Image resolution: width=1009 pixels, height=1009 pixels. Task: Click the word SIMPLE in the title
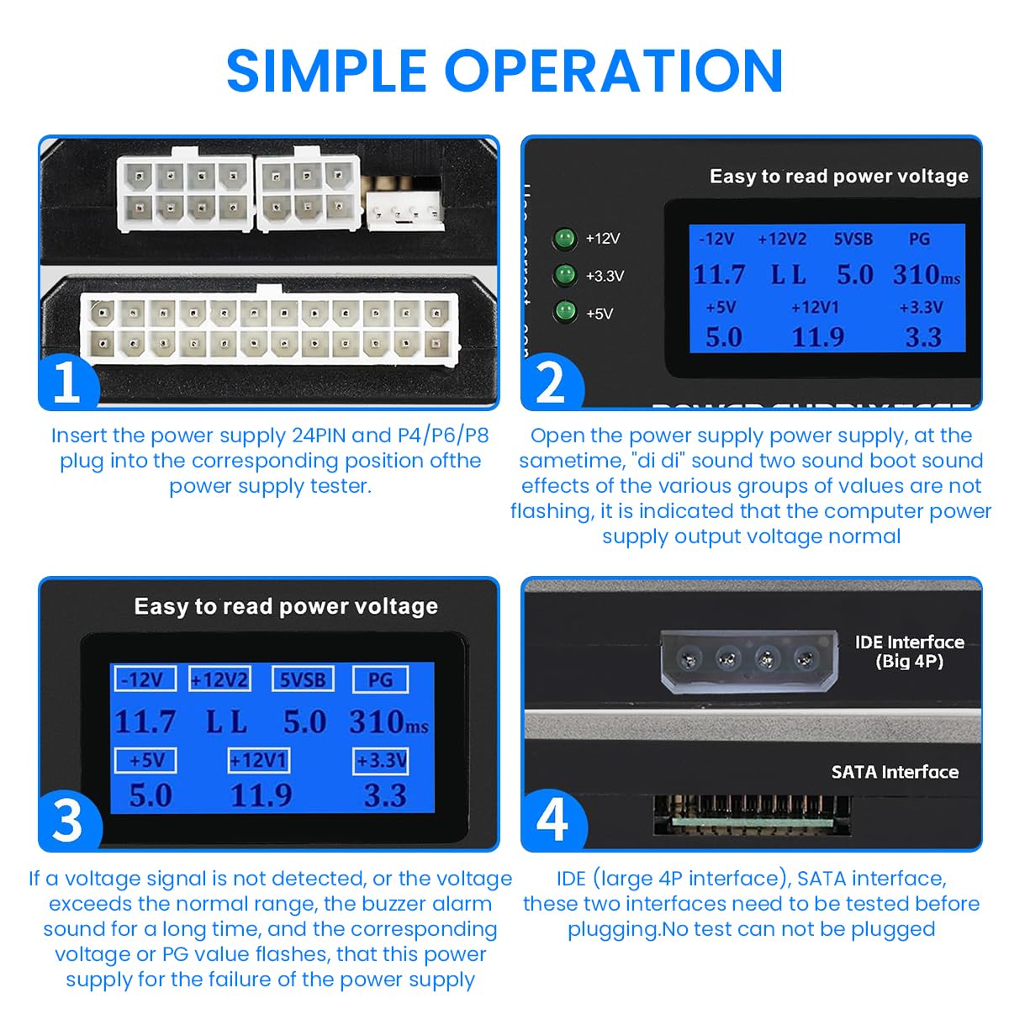pyautogui.click(x=326, y=71)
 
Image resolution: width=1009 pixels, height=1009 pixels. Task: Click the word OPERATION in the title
pyautogui.click(x=614, y=71)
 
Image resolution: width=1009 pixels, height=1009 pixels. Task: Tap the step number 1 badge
pyautogui.click(x=67, y=383)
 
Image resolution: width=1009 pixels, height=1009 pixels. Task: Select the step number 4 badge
pyautogui.click(x=552, y=820)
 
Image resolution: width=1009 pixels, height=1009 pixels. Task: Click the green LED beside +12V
pyautogui.click(x=565, y=239)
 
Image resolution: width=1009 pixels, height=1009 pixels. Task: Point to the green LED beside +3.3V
pyautogui.click(x=565, y=276)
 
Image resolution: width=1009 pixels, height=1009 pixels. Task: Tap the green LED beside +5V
pyautogui.click(x=565, y=313)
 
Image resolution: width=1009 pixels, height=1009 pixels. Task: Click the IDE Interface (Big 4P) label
pyautogui.click(x=909, y=652)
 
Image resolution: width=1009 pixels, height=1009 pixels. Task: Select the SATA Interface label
pyautogui.click(x=895, y=772)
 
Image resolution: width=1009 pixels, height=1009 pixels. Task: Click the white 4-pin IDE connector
pyautogui.click(x=749, y=661)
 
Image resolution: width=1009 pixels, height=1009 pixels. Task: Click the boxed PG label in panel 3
pyautogui.click(x=380, y=679)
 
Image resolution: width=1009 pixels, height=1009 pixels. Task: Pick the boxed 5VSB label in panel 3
pyautogui.click(x=303, y=679)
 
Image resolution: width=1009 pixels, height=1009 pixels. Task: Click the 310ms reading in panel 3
pyautogui.click(x=388, y=722)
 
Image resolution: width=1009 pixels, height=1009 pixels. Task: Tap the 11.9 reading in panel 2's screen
pyautogui.click(x=817, y=337)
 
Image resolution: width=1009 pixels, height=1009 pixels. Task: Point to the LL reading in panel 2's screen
pyautogui.click(x=788, y=275)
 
